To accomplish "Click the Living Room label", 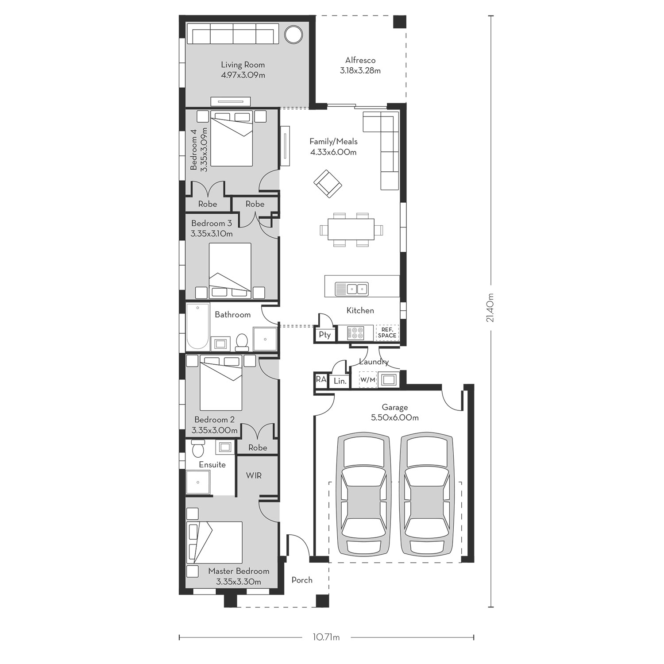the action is click(x=243, y=65).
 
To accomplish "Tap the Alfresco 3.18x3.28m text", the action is click(x=360, y=66).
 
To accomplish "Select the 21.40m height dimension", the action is click(x=490, y=308).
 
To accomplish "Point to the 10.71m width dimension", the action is click(x=326, y=637).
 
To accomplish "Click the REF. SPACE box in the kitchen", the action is click(x=387, y=333).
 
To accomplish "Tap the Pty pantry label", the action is click(x=325, y=335).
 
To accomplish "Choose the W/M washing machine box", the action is click(x=367, y=380).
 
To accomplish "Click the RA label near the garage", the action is click(x=321, y=379).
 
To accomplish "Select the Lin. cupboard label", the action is click(x=340, y=381).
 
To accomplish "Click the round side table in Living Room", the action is click(x=293, y=35).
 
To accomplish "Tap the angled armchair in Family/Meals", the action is click(x=328, y=184).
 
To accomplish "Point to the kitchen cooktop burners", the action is click(x=355, y=332).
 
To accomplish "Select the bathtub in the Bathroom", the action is click(x=197, y=327).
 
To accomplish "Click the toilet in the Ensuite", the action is click(x=197, y=448).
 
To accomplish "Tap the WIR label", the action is click(x=254, y=475).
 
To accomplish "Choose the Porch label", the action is click(x=302, y=580).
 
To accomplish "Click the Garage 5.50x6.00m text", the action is click(x=394, y=412).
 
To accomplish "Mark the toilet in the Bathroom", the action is click(x=242, y=342).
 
